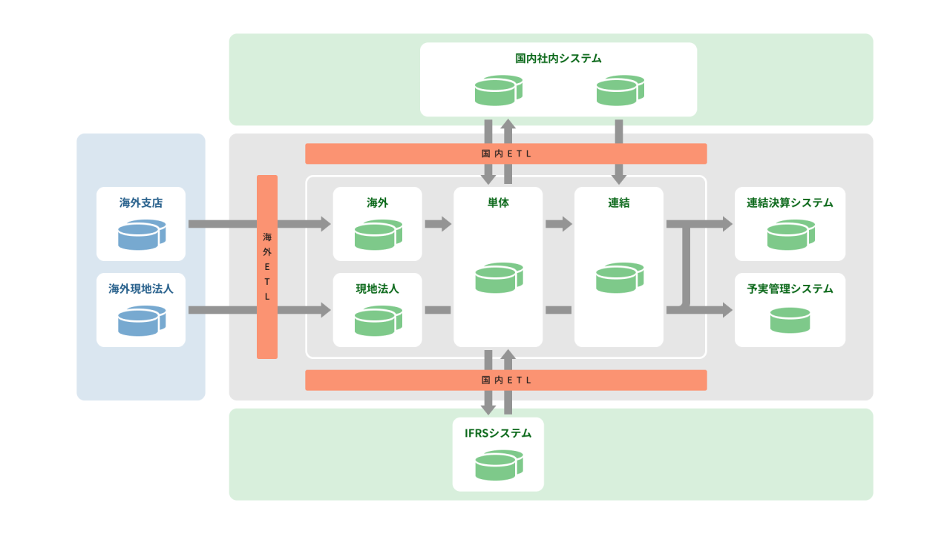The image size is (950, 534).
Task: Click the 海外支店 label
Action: coord(141,202)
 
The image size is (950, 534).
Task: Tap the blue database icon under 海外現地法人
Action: coord(141,320)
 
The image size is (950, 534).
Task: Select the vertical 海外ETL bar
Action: coord(267,267)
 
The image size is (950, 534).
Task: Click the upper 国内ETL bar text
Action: coord(506,154)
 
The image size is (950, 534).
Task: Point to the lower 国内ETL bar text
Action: coord(506,380)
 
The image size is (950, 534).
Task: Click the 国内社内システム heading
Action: coord(558,58)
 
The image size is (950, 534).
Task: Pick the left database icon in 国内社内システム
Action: coord(498,90)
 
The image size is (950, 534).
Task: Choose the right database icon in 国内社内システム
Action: coord(620,90)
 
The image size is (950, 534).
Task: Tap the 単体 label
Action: coord(498,202)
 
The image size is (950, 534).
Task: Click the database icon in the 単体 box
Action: coord(498,277)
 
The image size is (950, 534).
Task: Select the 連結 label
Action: coord(618,202)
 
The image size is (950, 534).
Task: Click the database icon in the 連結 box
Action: coord(618,277)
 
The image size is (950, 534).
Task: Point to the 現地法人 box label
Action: coord(377,289)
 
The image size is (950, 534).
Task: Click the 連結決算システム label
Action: coord(790,202)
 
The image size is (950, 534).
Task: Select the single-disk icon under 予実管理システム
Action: coord(790,320)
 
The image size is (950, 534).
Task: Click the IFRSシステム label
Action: coord(498,433)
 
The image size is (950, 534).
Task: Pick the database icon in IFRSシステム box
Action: coord(498,465)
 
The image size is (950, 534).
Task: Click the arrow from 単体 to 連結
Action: coord(558,224)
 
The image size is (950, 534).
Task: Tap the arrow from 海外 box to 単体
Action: coord(438,224)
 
